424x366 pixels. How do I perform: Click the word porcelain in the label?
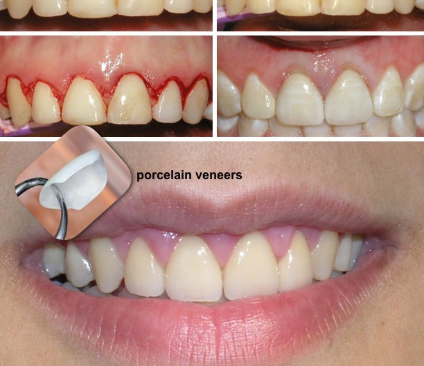[164, 176]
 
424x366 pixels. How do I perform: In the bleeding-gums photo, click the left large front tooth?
[85, 102]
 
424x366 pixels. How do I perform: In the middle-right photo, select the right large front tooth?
[348, 102]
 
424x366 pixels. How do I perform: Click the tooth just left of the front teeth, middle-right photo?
[258, 98]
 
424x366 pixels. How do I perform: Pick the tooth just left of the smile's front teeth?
[145, 267]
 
